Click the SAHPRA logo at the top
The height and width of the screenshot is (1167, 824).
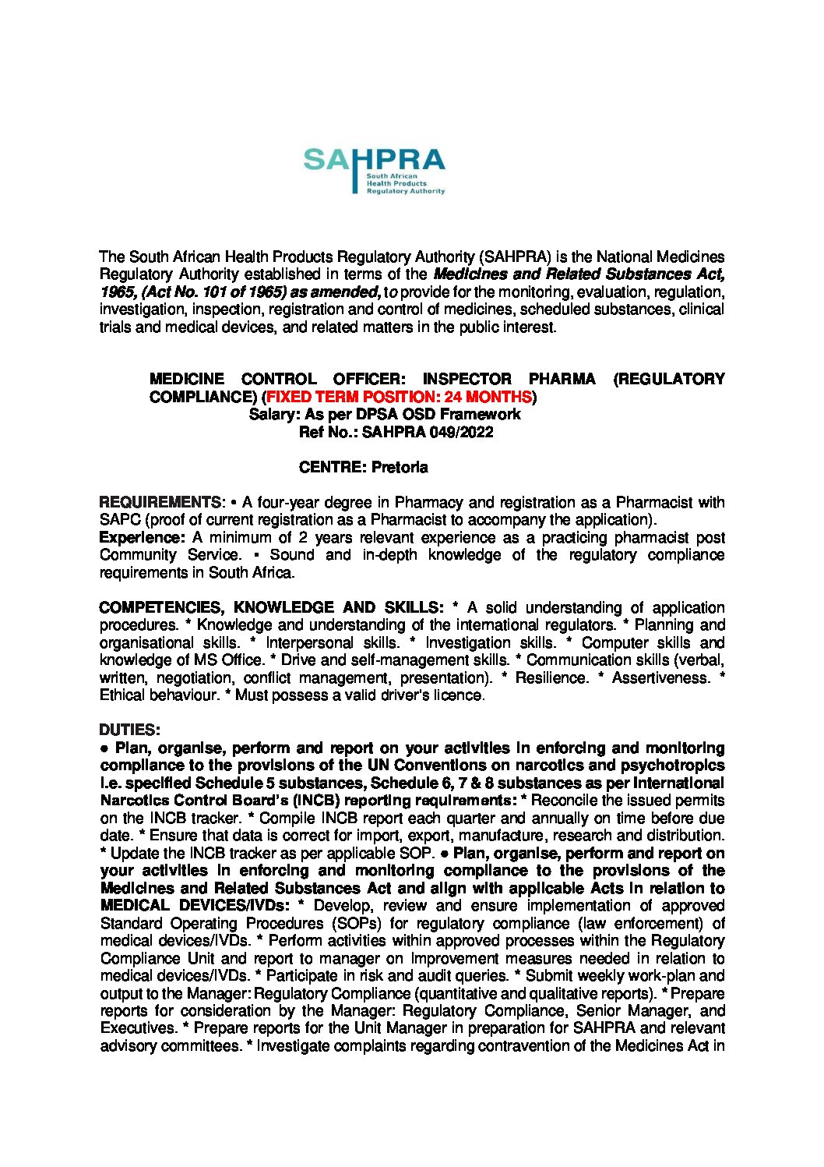pos(374,171)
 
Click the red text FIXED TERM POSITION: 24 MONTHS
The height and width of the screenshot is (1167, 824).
pos(399,397)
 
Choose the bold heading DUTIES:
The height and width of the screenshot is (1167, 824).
pos(129,730)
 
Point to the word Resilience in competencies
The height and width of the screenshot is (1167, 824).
pos(551,677)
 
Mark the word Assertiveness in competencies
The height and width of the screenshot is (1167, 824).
pos(660,677)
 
